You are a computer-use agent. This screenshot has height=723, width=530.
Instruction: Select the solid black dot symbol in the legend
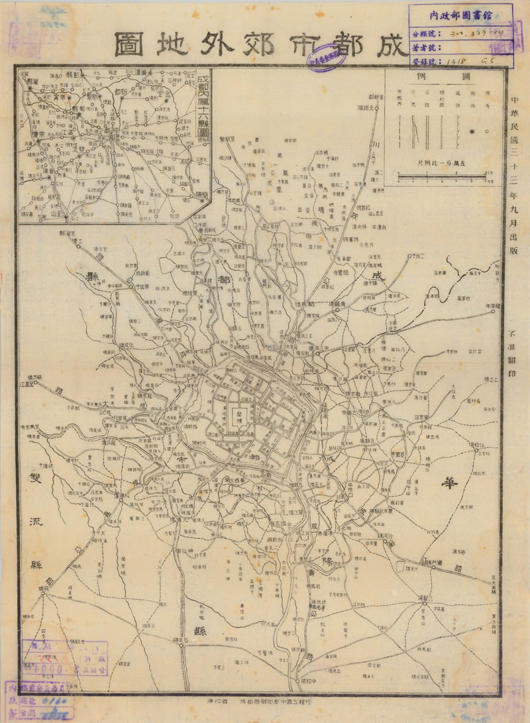pos(472,132)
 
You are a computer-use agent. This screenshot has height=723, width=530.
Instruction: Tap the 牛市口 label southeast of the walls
pos(356,485)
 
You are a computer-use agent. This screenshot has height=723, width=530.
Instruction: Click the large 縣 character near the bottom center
pos(199,631)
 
